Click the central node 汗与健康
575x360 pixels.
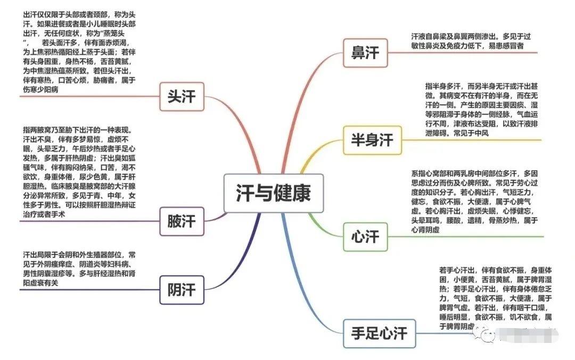(273, 193)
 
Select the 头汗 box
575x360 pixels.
(182, 97)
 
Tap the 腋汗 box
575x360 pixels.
(182, 220)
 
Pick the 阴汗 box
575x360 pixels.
(182, 290)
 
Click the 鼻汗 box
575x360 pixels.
(365, 53)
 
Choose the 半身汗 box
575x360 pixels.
(372, 140)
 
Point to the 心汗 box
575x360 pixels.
(365, 236)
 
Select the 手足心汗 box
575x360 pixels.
(379, 333)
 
